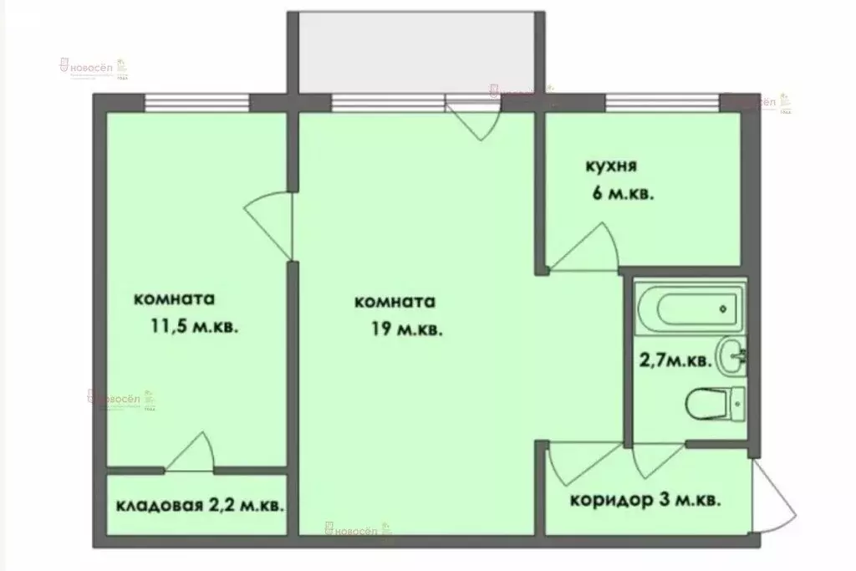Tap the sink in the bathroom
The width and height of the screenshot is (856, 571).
(731, 356)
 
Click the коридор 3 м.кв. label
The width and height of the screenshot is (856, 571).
(645, 502)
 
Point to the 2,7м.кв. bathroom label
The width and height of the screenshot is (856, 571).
(675, 362)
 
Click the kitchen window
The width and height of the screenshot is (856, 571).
(661, 103)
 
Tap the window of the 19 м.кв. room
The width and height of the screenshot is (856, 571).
(388, 103)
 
